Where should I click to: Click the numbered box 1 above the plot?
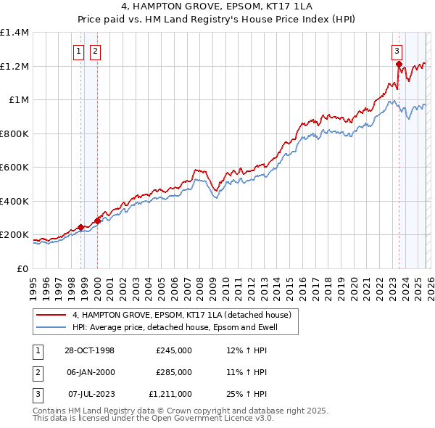point(78,51)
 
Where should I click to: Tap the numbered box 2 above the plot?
point(95,51)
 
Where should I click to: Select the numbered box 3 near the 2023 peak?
point(397,51)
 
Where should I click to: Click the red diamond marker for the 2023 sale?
point(399,65)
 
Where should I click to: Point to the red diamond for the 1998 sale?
point(80,227)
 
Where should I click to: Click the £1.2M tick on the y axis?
point(14,66)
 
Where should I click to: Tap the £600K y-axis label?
point(14,168)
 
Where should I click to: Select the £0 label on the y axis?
point(22,269)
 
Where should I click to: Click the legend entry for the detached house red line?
point(181,315)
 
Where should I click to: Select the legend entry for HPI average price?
point(185,327)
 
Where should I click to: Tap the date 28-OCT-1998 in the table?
point(89,350)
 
